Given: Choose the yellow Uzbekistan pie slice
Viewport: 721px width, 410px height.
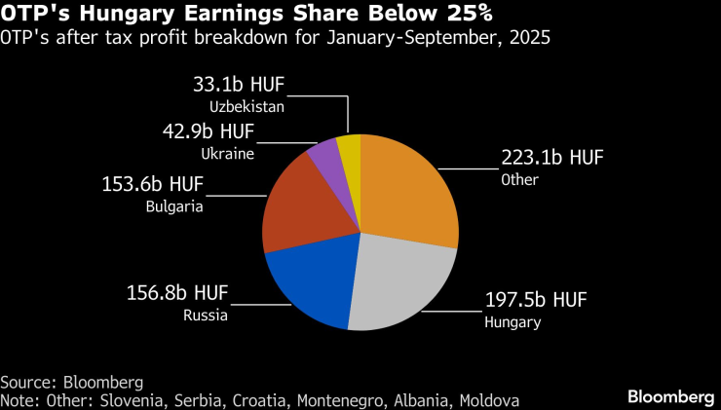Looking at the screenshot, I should pyautogui.click(x=350, y=148).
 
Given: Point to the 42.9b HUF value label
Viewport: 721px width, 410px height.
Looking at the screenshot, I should pyautogui.click(x=208, y=131).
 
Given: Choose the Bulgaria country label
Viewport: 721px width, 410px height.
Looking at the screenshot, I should pyautogui.click(x=174, y=205).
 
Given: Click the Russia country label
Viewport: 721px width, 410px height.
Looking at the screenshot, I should pyautogui.click(x=206, y=315).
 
